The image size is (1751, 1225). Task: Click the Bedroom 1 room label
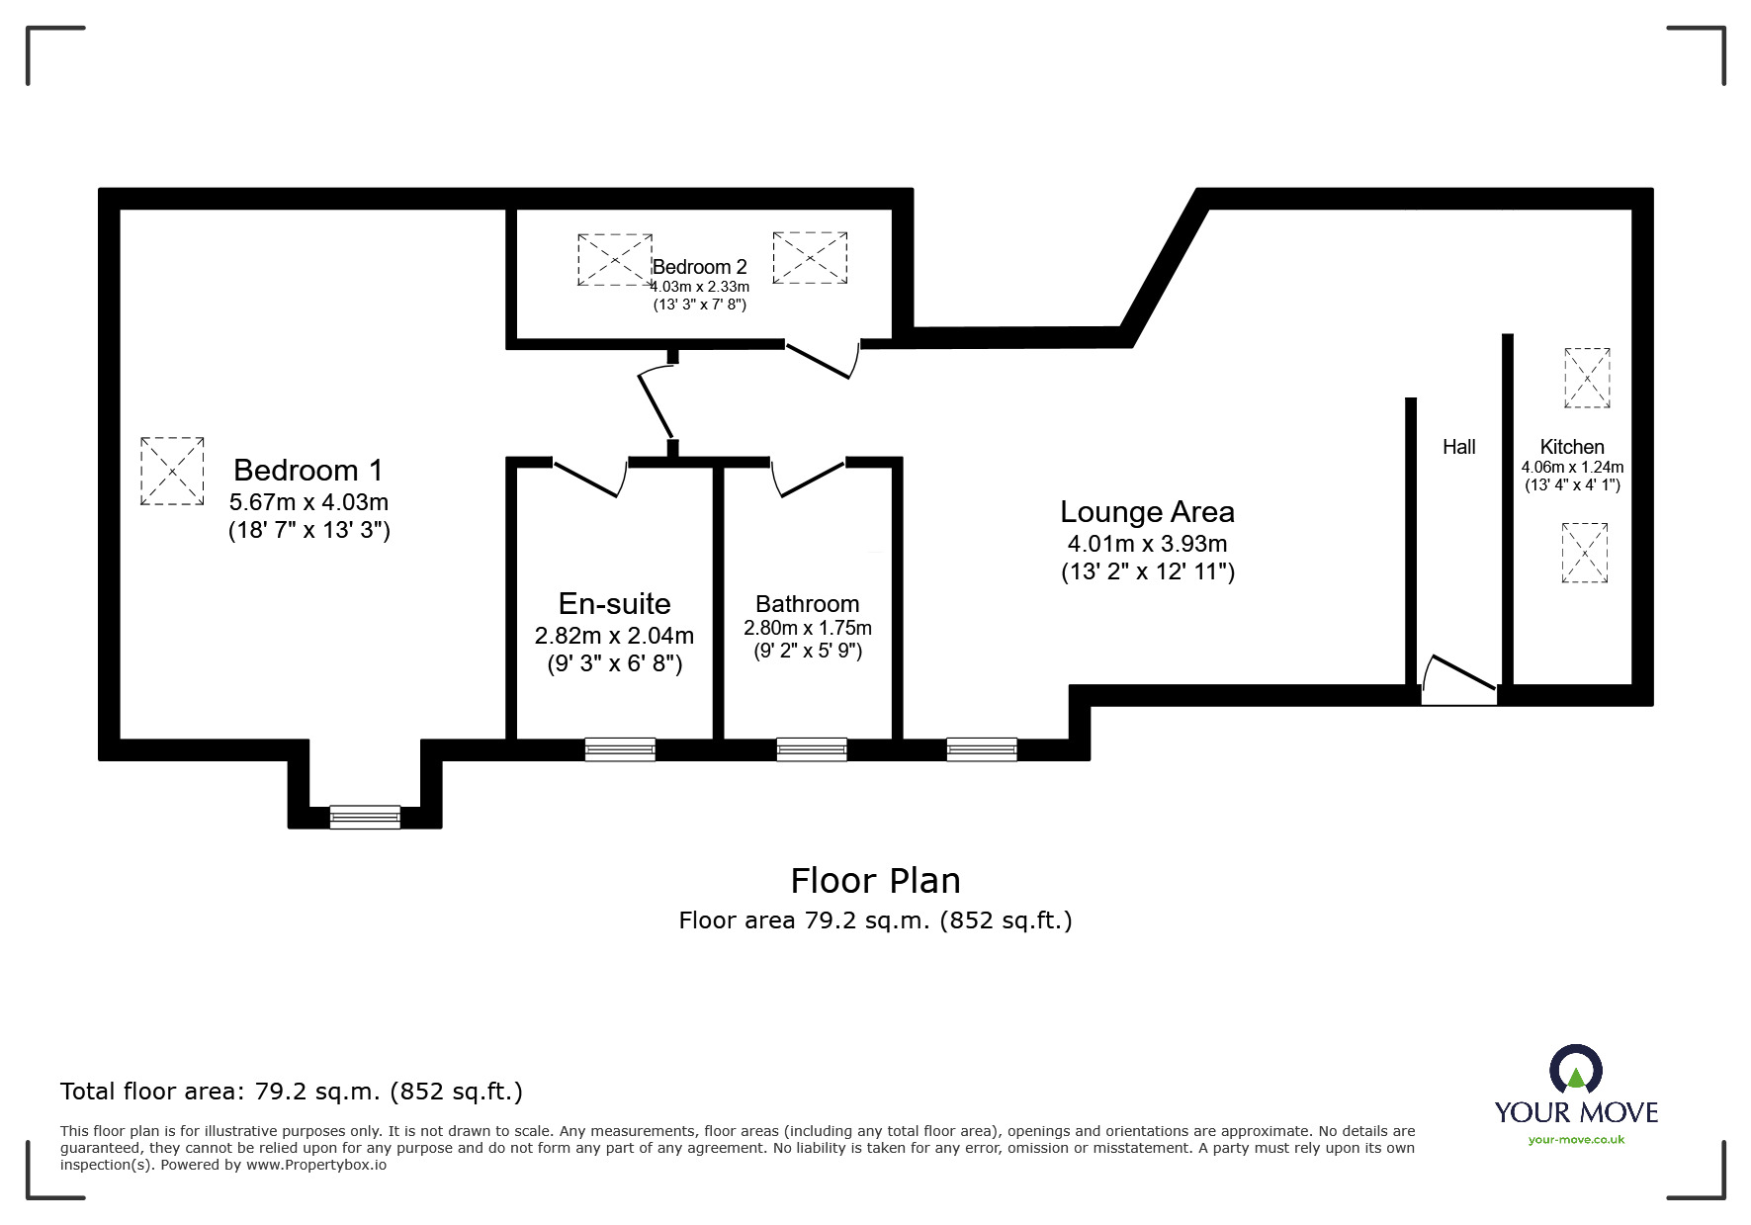[x=307, y=470]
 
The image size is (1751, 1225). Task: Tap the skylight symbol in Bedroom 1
[x=172, y=472]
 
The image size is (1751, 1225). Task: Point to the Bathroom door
[x=808, y=478]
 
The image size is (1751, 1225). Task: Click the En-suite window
[x=620, y=749]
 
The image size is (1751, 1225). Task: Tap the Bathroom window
[x=812, y=749]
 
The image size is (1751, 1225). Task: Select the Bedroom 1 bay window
[x=365, y=817]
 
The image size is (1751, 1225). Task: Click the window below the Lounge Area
[x=982, y=749]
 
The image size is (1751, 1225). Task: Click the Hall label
[x=1458, y=447]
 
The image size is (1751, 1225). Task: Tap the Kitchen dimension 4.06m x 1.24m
[x=1572, y=468]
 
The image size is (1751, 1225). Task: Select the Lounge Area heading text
[x=1147, y=512]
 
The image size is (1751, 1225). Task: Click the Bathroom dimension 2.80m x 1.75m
[x=808, y=628]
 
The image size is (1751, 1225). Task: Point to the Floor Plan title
[x=875, y=880]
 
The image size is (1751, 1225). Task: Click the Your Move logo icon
[x=1575, y=1071]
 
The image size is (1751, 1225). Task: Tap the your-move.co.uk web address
[x=1576, y=1140]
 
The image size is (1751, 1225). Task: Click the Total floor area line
[x=292, y=1092]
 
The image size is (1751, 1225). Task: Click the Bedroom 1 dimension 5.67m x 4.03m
[x=308, y=501]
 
